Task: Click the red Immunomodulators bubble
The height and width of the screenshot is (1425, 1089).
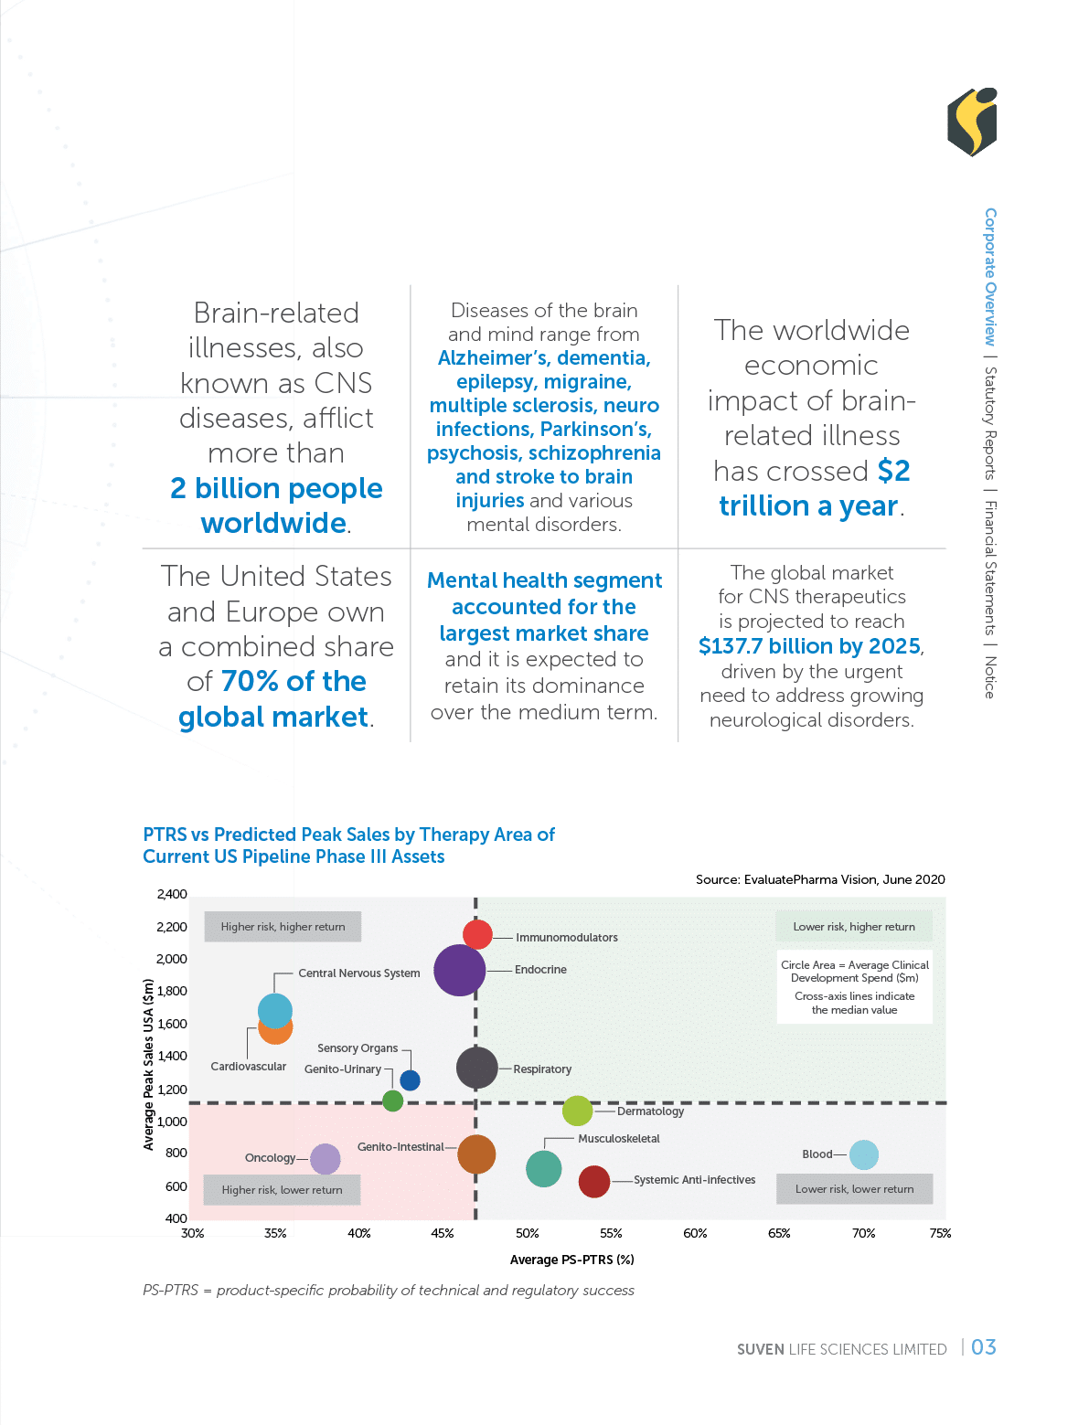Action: [477, 934]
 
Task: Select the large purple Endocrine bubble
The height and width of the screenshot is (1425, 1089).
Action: [460, 970]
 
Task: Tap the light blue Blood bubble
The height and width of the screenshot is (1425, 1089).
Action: [863, 1154]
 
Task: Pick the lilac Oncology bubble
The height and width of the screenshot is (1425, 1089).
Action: [325, 1159]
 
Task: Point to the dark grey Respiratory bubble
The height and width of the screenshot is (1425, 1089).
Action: [476, 1067]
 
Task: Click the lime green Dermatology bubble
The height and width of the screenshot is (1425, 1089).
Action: [577, 1111]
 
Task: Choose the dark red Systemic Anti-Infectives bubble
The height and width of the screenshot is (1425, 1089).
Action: [594, 1181]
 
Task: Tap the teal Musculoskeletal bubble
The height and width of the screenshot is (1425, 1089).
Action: [543, 1168]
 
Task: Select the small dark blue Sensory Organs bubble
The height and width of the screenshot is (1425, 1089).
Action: [411, 1080]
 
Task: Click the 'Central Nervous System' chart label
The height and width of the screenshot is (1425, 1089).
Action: [359, 973]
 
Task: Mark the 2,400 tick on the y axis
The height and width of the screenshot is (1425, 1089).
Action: [172, 894]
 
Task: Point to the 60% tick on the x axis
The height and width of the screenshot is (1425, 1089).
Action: [695, 1233]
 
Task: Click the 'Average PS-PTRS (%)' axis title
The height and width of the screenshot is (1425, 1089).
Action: [571, 1260]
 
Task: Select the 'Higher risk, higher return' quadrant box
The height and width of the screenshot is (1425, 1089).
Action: [283, 927]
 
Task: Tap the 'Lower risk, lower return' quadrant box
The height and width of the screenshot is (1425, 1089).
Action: [854, 1189]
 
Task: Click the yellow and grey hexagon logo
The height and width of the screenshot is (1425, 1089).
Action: [972, 122]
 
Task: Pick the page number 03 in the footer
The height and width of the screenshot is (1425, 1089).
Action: [984, 1347]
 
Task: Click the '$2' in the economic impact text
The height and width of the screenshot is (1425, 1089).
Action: [893, 471]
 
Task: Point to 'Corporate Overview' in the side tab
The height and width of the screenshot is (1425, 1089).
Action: [990, 276]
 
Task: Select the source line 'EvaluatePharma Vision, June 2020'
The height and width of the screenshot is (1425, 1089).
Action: [820, 879]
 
